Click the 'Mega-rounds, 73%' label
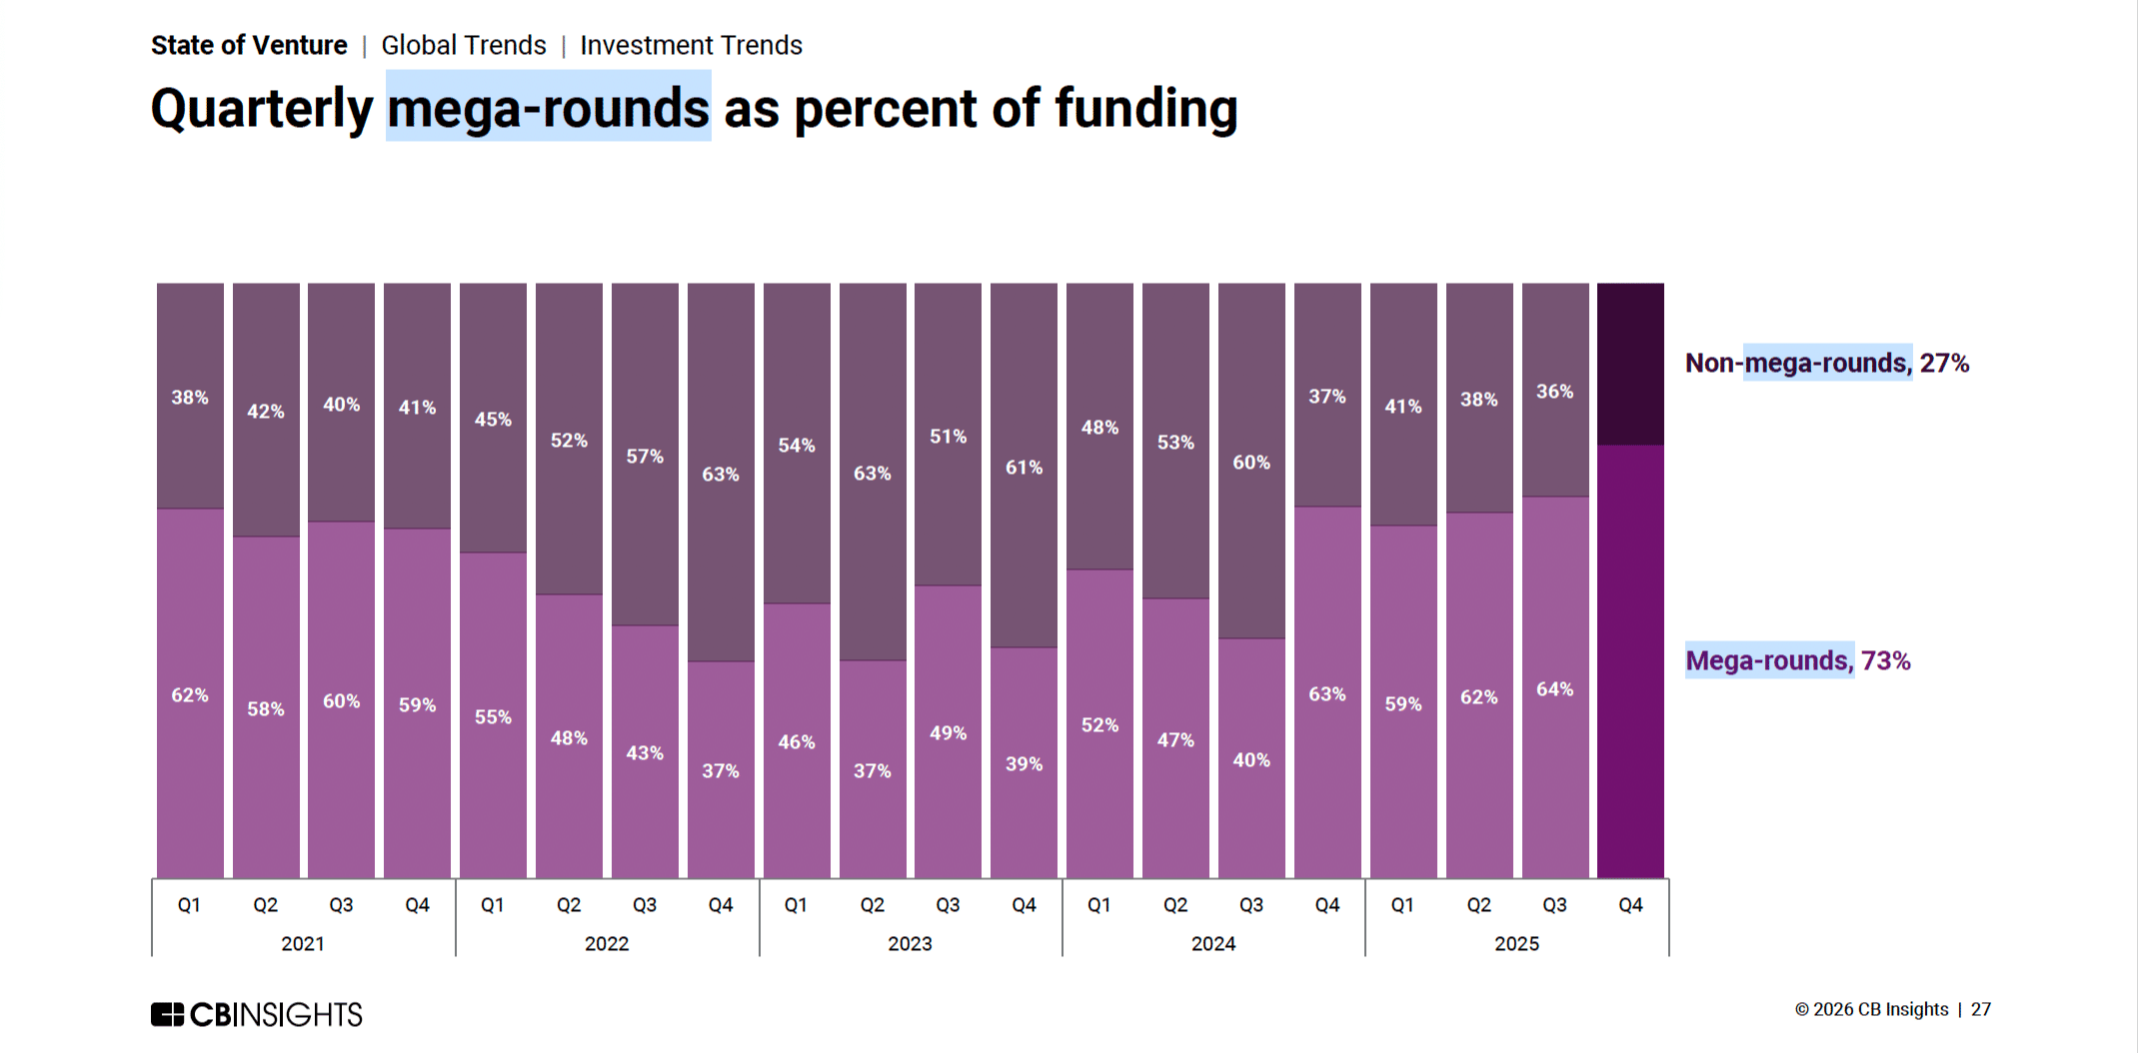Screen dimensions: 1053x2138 [1797, 660]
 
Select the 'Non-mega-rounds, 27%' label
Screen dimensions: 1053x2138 [1826, 363]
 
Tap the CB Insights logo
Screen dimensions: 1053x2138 [256, 1015]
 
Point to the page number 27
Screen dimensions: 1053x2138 [1980, 1010]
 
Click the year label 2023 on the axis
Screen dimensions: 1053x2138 [910, 944]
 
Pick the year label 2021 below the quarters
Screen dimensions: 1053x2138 [303, 944]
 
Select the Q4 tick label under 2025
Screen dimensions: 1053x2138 [1630, 905]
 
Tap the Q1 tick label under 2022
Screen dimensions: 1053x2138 [493, 905]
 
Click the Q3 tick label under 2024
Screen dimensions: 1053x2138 [1251, 905]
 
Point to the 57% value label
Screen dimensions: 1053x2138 [645, 457]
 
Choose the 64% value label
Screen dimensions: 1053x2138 [1554, 689]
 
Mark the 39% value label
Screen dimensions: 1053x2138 [1024, 764]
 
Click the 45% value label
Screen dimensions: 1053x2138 [493, 420]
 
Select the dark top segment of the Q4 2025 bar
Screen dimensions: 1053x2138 [1630, 364]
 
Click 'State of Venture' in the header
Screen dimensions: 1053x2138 [249, 46]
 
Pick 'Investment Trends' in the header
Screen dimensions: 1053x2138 [691, 46]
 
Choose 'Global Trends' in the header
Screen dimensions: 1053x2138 [464, 46]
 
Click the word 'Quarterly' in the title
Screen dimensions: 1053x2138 [262, 108]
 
